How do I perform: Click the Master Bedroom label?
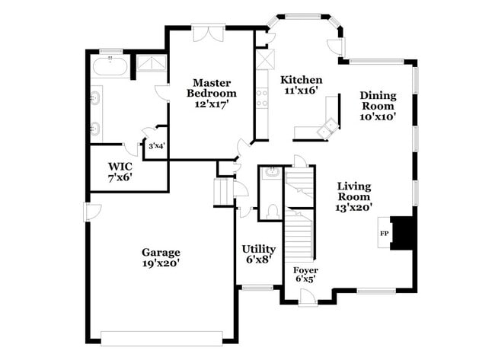click(212, 88)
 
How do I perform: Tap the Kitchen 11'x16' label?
click(301, 85)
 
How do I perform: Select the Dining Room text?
click(378, 100)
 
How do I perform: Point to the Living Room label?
click(354, 191)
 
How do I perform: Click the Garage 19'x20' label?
click(161, 257)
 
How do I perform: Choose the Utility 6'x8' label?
click(259, 254)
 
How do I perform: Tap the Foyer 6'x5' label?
click(305, 275)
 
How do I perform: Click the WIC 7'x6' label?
click(120, 172)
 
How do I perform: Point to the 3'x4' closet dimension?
click(157, 146)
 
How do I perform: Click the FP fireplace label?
click(384, 234)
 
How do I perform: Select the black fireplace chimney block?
click(401, 233)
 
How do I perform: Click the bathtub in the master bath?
click(110, 66)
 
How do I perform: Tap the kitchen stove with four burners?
click(262, 98)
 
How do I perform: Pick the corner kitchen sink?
click(328, 127)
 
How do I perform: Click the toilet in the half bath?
click(272, 212)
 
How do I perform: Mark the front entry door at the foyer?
click(308, 298)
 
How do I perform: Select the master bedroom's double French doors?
click(209, 33)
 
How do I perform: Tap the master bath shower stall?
click(152, 63)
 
